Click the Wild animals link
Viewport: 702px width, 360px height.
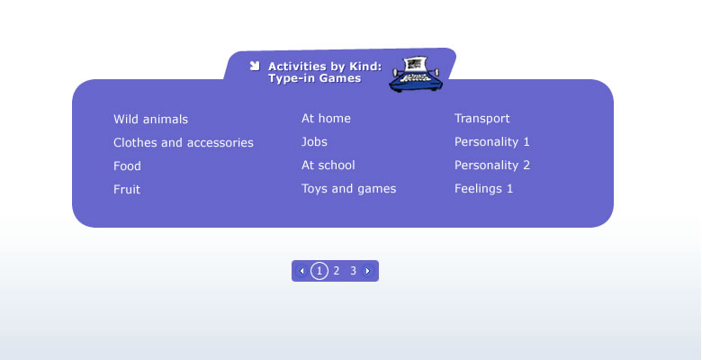pyautogui.click(x=150, y=119)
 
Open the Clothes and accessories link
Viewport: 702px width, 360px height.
pyautogui.click(x=183, y=142)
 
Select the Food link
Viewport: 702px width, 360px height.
pyautogui.click(x=127, y=166)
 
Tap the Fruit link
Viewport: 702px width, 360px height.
pyautogui.click(x=127, y=189)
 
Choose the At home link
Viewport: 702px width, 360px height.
pyautogui.click(x=326, y=118)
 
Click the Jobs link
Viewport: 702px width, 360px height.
pyautogui.click(x=314, y=141)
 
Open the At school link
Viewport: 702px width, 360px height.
pyautogui.click(x=328, y=165)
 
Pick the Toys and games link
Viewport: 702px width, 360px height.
pyautogui.click(x=349, y=188)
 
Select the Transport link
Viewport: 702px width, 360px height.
pyautogui.click(x=482, y=118)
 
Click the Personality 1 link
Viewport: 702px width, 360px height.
pyautogui.click(x=492, y=141)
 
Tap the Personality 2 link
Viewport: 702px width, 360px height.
pyautogui.click(x=492, y=165)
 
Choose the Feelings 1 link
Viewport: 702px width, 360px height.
pyautogui.click(x=483, y=188)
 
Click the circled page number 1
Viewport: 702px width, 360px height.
pyautogui.click(x=319, y=271)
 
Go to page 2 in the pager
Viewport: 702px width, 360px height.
pyautogui.click(x=337, y=271)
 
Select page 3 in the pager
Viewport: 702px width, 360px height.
pyautogui.click(x=353, y=271)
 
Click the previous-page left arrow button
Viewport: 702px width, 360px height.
pyautogui.click(x=301, y=271)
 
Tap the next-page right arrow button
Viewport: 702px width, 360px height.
pyautogui.click(x=367, y=271)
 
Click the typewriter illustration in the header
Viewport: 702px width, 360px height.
pyautogui.click(x=416, y=75)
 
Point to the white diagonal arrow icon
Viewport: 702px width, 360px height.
pyautogui.click(x=255, y=67)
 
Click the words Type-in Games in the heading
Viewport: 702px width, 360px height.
pyautogui.click(x=315, y=78)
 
